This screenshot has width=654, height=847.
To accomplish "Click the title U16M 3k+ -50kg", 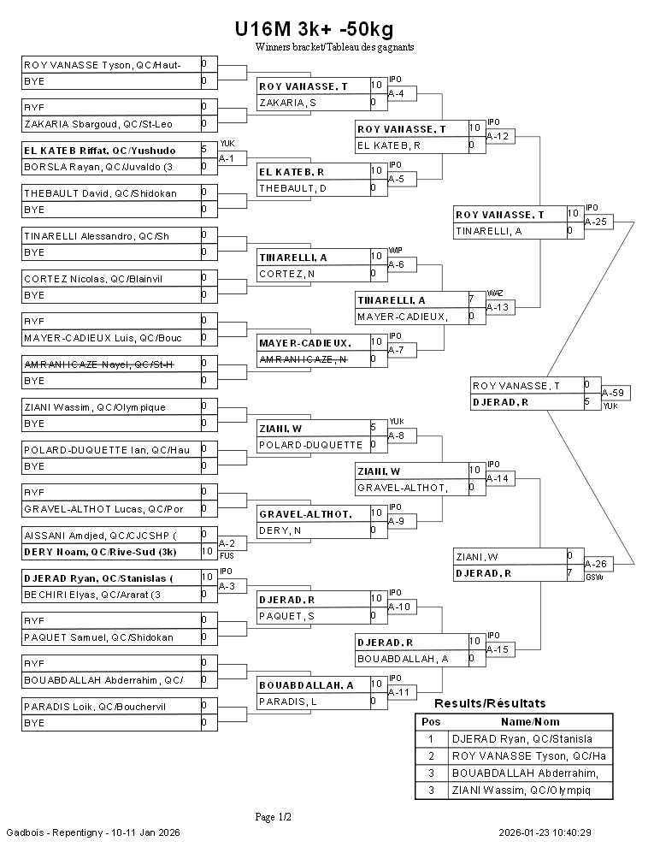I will pos(314,30).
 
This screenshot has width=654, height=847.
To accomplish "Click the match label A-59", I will pos(612,393).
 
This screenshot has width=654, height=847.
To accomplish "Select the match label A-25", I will pos(596,222).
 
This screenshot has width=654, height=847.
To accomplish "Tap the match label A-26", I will pos(595,564).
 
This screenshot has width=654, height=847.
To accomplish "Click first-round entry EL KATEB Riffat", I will pos(99,150).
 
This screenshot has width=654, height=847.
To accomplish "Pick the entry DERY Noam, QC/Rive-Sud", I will pos(99,552).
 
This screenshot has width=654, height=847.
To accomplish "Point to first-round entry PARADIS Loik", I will pos(94,706).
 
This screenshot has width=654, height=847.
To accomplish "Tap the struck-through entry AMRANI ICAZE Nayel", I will pos(99,364).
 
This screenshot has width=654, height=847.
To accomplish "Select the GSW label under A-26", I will pos(594,577).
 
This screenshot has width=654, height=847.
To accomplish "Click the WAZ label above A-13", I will pos(495,293).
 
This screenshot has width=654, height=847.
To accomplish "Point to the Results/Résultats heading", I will pos(490,703).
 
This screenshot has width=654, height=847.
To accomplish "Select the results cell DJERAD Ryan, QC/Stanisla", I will pos(521,739).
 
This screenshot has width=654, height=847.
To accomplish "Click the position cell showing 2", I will pos(432,756).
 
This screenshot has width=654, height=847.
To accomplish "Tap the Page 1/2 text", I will pos(274,817).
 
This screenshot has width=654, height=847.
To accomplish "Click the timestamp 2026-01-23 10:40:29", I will pos(545,832).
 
